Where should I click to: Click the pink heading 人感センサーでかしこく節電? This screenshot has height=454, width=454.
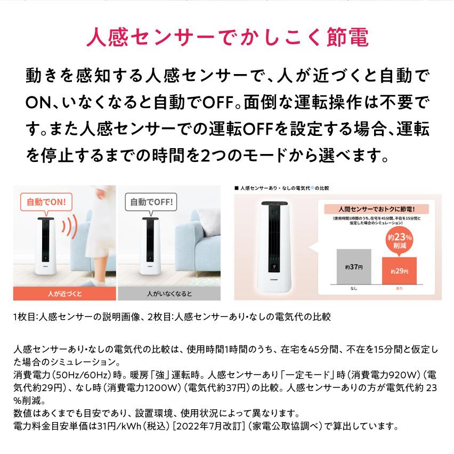(x=226, y=40)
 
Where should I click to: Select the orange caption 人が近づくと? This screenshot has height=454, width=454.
(x=64, y=294)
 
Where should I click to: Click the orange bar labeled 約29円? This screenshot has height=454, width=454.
(x=399, y=271)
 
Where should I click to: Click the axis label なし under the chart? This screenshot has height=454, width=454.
(x=354, y=288)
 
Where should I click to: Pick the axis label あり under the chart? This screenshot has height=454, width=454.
(x=399, y=288)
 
